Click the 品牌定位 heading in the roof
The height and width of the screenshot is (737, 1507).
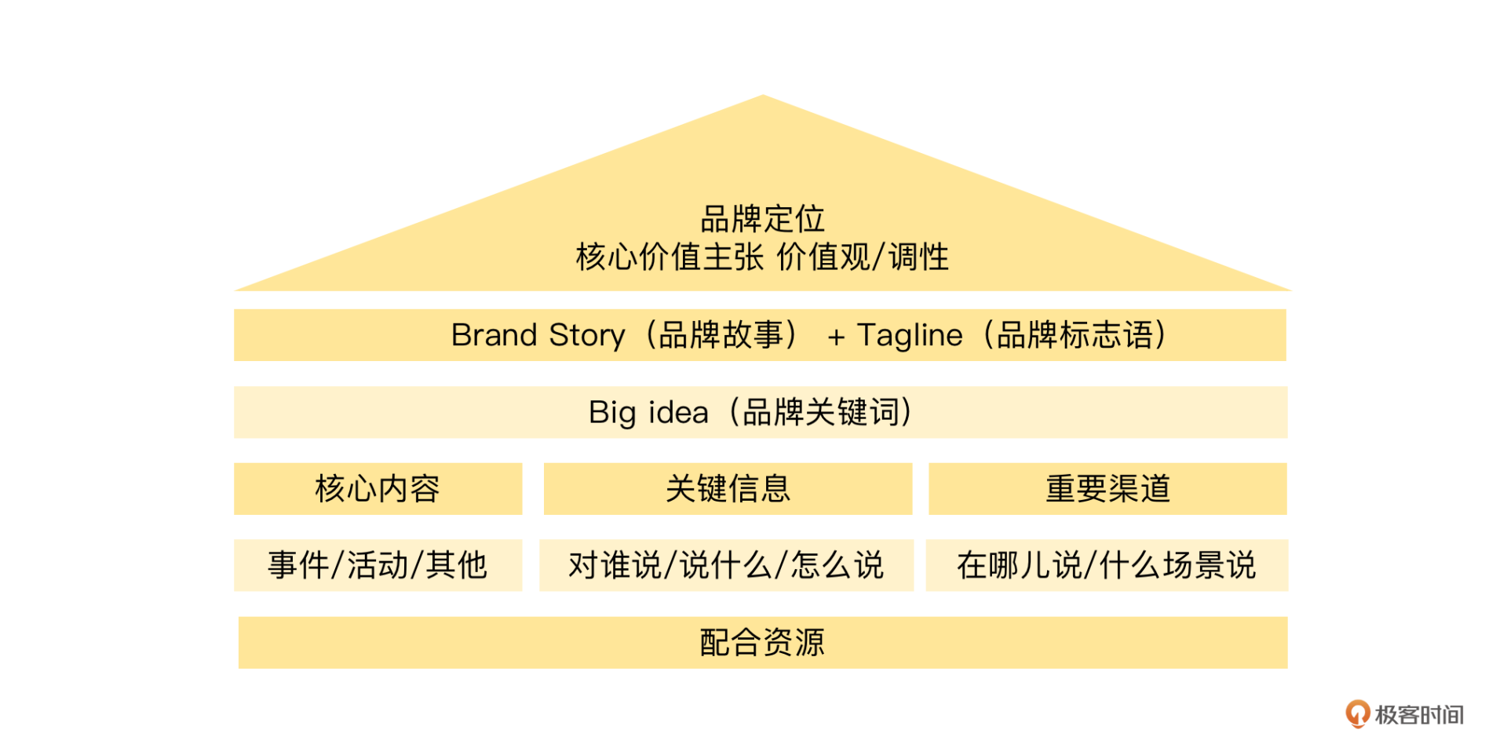(x=762, y=219)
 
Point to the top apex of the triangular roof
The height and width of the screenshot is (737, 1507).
(x=763, y=97)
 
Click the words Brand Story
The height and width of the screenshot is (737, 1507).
(x=538, y=335)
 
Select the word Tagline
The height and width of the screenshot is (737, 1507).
(x=910, y=335)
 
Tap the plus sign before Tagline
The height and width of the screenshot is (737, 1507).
(x=836, y=337)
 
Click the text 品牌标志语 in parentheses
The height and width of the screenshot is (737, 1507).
(x=1075, y=335)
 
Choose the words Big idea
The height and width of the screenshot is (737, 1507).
(x=648, y=413)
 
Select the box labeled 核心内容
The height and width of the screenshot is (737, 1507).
(x=378, y=489)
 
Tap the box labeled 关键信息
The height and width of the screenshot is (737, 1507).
(x=728, y=489)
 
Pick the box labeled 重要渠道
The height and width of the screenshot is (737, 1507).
(x=1107, y=489)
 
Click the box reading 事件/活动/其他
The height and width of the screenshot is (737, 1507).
(x=378, y=565)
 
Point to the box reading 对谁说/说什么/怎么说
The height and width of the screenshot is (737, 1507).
(x=726, y=565)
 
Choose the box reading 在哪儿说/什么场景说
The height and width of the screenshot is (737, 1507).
(x=1107, y=565)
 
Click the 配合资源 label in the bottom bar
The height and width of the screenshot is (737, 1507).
(x=762, y=643)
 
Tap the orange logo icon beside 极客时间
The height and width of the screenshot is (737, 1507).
(x=1357, y=713)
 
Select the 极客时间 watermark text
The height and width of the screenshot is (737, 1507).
(x=1419, y=715)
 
